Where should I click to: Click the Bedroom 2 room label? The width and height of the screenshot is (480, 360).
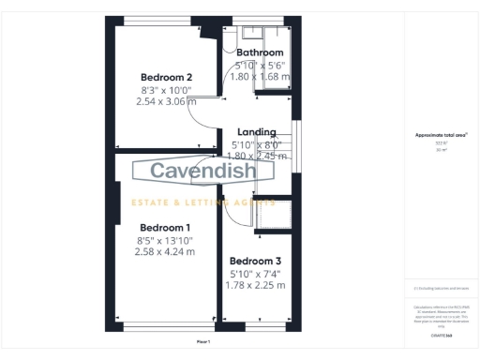coord(166,77)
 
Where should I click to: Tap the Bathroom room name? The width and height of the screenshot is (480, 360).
coord(260,52)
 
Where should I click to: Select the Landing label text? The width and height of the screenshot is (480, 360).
coord(256,132)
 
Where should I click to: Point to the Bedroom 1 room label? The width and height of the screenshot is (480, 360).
coord(165,227)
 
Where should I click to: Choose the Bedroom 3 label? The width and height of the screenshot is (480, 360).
coord(255,261)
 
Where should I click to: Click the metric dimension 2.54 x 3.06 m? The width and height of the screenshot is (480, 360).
coord(166,100)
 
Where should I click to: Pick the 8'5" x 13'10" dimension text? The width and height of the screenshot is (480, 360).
coord(165,240)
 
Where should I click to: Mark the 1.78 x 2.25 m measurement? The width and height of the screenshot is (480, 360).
coord(255,285)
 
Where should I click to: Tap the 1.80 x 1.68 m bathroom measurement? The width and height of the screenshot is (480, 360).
coord(260,76)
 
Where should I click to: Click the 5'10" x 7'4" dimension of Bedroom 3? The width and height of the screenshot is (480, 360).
coord(255,273)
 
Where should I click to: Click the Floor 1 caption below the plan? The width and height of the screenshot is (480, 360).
coord(203,343)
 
